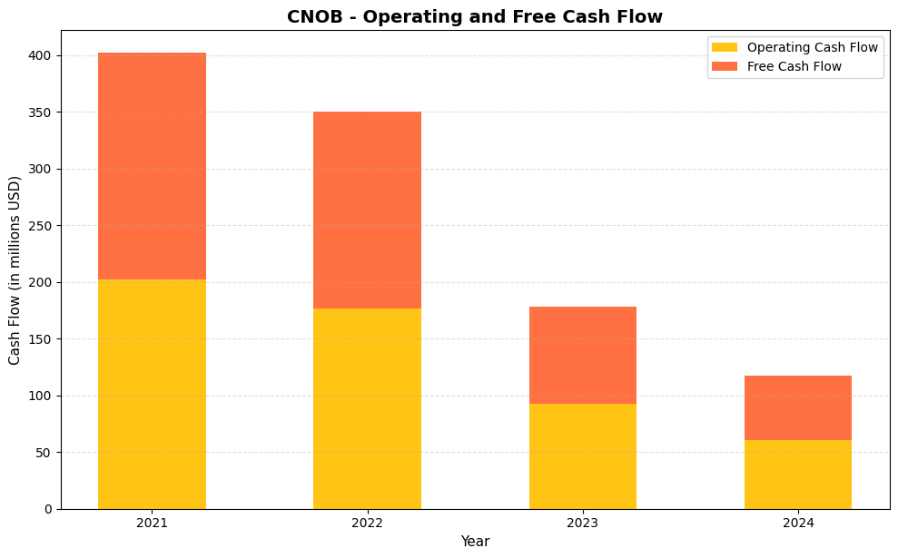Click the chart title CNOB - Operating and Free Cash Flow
475,16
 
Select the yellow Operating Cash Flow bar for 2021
152,394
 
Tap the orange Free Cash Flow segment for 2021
152,166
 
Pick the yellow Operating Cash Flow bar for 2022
367,408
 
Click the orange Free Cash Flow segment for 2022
367,210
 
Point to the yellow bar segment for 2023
582,455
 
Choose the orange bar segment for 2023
582,355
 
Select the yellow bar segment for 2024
798,474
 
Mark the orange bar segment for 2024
798,407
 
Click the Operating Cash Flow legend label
812,47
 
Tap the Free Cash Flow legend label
794,66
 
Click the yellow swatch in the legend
725,47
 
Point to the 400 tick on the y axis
44,55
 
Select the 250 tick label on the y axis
44,226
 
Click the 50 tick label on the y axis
47,453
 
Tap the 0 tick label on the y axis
50,509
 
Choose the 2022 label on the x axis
367,524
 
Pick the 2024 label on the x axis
798,524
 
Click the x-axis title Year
475,542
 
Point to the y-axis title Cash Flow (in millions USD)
15,270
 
